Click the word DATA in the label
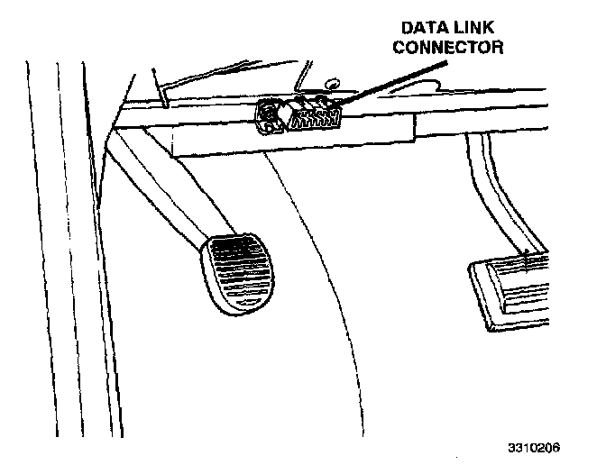pos(420,28)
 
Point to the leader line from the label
pos(397,82)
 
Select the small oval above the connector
pos(331,85)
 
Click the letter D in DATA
pos(407,28)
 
